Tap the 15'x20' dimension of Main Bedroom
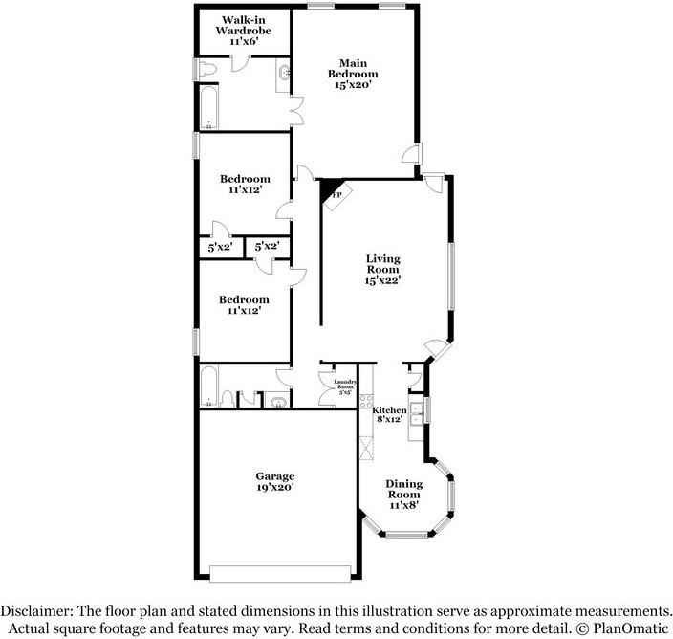pyautogui.click(x=353, y=85)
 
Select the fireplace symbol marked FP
pyautogui.click(x=336, y=194)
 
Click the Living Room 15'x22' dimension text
pyautogui.click(x=383, y=280)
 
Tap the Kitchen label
pyautogui.click(x=389, y=409)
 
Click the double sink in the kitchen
pyautogui.click(x=417, y=412)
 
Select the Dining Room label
pyautogui.click(x=403, y=489)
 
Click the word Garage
pyautogui.click(x=274, y=475)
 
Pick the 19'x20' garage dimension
pyautogui.click(x=274, y=487)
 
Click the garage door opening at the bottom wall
pyautogui.click(x=276, y=573)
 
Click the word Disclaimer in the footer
pyautogui.click(x=39, y=610)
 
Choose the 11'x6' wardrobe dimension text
pyautogui.click(x=246, y=43)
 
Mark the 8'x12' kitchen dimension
pyautogui.click(x=389, y=419)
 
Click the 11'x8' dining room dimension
pyautogui.click(x=403, y=505)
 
